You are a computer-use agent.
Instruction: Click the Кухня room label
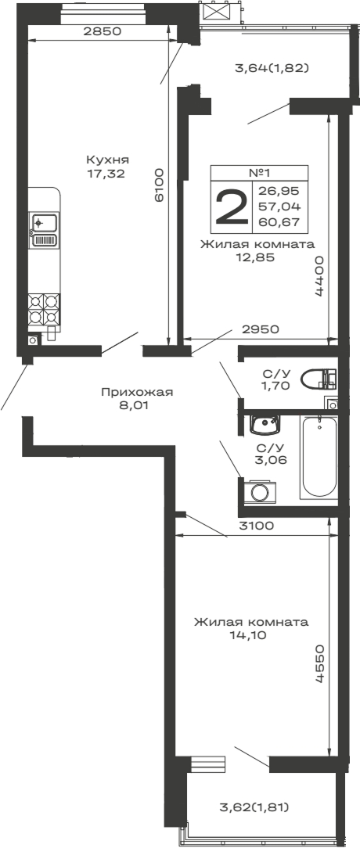(107, 160)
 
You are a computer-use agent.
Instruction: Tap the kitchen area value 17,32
(107, 174)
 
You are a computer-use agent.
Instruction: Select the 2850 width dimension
(103, 32)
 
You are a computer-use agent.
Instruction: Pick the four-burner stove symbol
(45, 309)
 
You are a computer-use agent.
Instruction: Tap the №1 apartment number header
(259, 173)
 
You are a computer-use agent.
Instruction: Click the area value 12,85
(257, 258)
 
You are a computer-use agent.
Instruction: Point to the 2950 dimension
(261, 329)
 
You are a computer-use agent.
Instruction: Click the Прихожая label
(137, 392)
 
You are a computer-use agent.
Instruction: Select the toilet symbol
(323, 379)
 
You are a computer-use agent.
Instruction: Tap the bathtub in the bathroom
(319, 458)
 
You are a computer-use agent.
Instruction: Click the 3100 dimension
(257, 526)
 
